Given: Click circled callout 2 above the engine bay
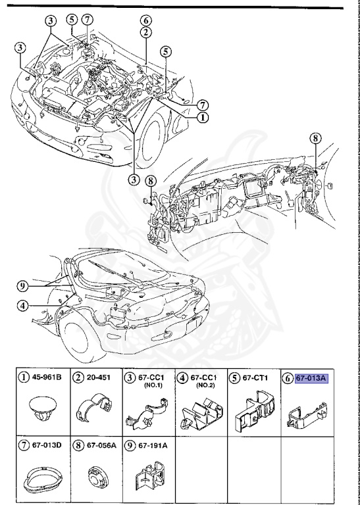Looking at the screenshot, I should tap(146, 32).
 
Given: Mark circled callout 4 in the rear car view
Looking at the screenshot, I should tap(23, 305).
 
